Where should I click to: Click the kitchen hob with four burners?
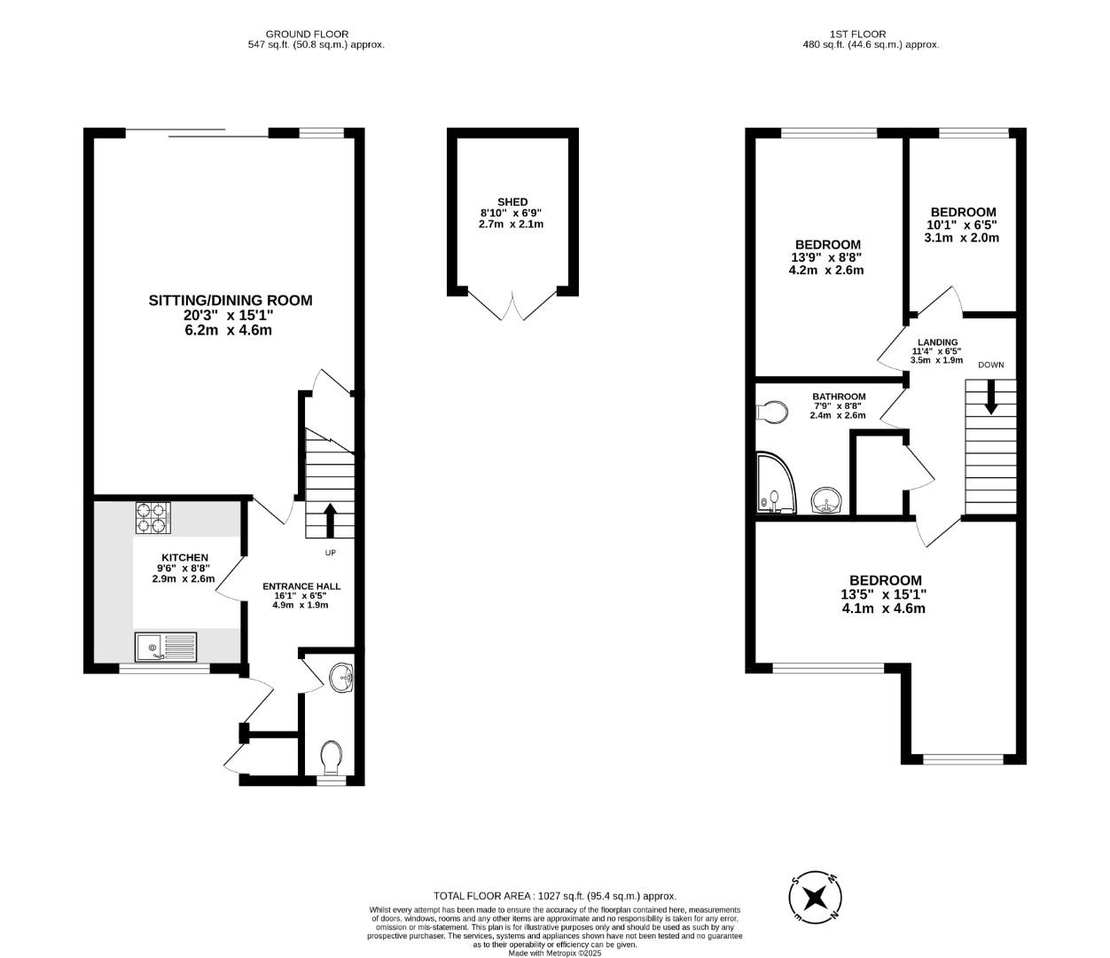click(x=152, y=518)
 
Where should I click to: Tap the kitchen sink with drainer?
click(x=166, y=648)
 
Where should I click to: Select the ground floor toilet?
click(x=331, y=758)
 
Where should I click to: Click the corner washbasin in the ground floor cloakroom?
click(x=341, y=679)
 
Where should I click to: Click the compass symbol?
click(x=815, y=898)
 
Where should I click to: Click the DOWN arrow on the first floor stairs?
click(x=991, y=397)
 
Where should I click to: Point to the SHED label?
click(x=512, y=202)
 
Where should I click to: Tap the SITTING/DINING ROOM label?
click(x=230, y=301)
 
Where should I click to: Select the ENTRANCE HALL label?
click(x=301, y=586)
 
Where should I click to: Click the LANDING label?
click(x=937, y=342)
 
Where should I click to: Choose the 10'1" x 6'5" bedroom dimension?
click(x=963, y=225)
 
